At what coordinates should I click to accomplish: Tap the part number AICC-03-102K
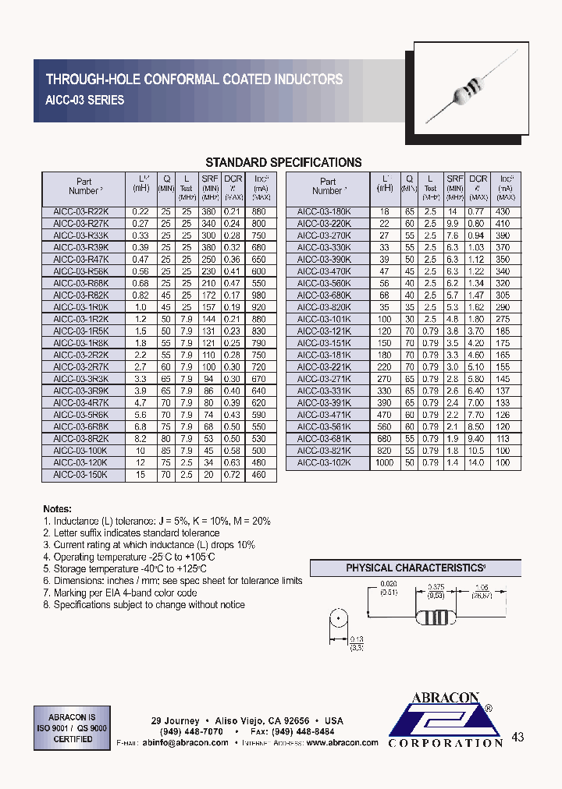tap(324, 462)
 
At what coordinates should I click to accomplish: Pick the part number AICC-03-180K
tap(324, 211)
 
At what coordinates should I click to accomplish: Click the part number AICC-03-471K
tap(324, 415)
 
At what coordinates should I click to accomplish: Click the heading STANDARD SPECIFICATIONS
tap(283, 163)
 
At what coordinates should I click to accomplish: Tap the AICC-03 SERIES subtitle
tap(85, 100)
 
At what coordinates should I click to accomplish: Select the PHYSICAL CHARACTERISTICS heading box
tap(415, 568)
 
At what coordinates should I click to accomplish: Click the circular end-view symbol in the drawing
tap(339, 624)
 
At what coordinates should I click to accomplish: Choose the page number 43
tap(518, 738)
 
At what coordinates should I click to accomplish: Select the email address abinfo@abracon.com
tap(185, 743)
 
